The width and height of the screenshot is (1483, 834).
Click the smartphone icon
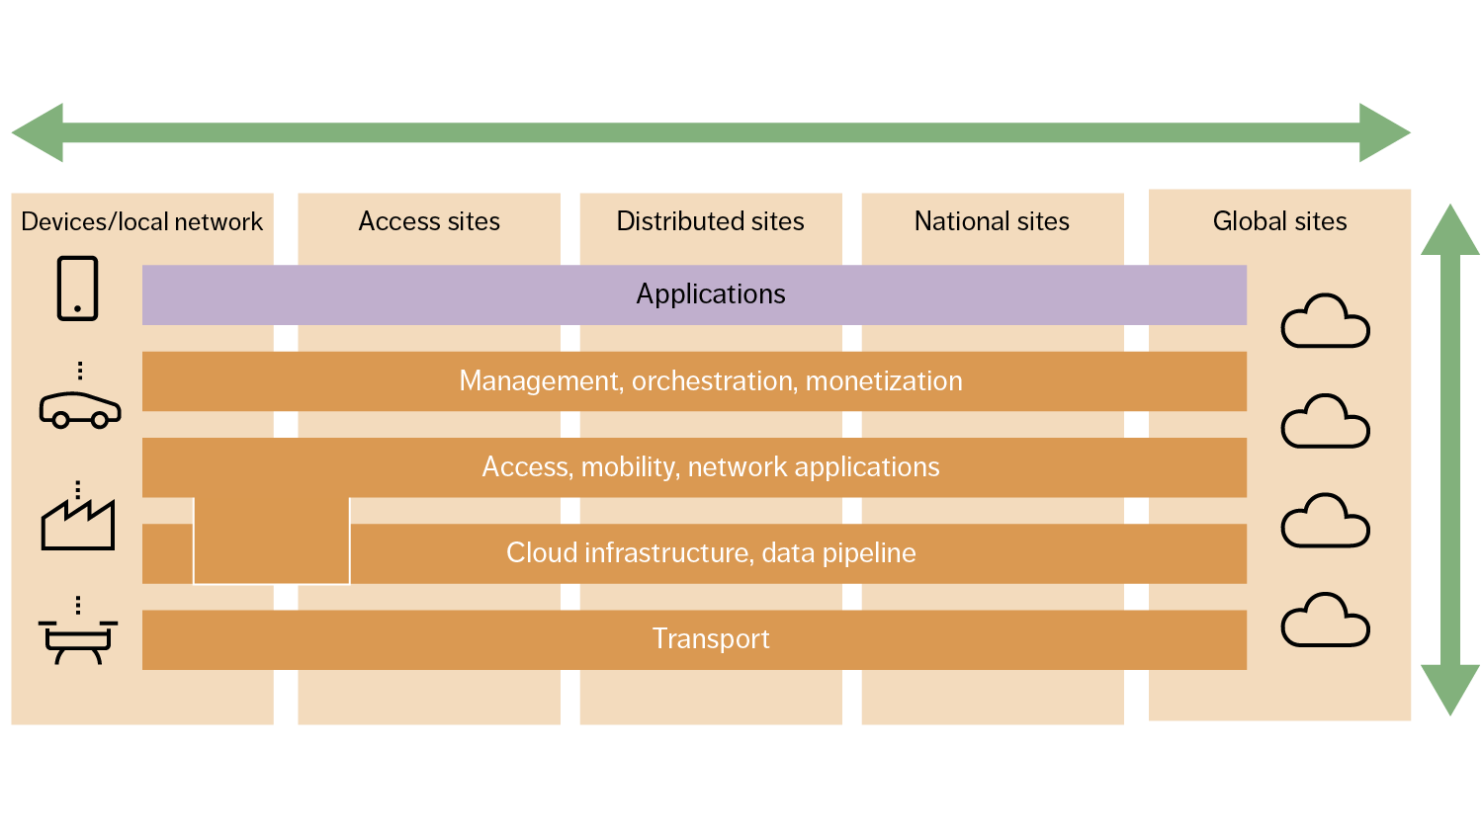(77, 289)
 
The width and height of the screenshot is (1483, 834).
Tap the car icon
(80, 408)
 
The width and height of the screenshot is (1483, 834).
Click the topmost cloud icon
(1325, 322)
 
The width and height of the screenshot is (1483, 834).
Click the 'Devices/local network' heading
(141, 221)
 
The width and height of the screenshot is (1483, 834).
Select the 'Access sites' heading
(429, 221)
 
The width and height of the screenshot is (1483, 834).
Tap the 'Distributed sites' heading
(710, 221)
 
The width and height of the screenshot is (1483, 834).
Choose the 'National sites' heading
(992, 221)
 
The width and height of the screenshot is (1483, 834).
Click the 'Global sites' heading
(1279, 221)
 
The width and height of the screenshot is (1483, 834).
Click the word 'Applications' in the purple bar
(710, 294)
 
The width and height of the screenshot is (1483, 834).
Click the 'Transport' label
(710, 639)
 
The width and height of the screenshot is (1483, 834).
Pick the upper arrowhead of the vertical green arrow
(1449, 233)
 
